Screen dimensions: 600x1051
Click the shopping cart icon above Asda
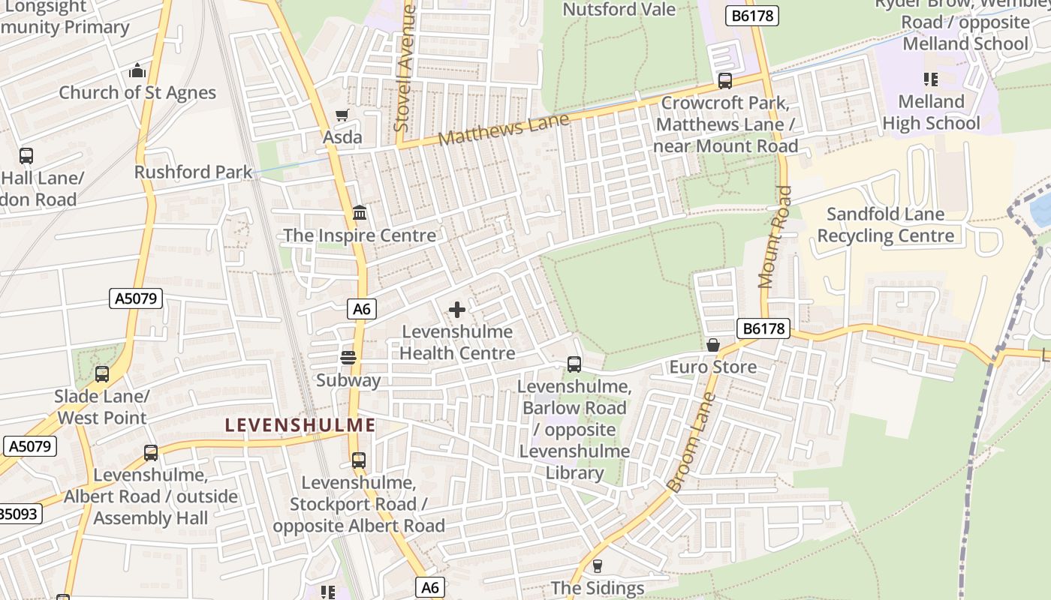click(x=342, y=115)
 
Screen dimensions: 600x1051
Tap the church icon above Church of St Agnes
click(x=137, y=71)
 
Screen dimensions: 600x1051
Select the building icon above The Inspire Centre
click(x=360, y=213)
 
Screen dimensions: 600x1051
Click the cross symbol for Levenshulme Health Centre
click(x=456, y=309)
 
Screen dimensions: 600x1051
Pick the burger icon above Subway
click(x=348, y=358)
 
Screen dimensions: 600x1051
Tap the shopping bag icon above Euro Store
click(x=712, y=344)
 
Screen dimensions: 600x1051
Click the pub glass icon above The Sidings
click(x=598, y=565)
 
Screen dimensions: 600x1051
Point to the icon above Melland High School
click(x=931, y=79)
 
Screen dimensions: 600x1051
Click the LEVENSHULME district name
click(x=300, y=425)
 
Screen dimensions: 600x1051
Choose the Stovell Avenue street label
click(x=405, y=67)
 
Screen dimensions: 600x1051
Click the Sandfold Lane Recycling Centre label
click(x=886, y=225)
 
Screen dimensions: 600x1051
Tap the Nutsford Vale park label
click(x=619, y=10)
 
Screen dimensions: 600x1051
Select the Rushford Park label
click(x=193, y=172)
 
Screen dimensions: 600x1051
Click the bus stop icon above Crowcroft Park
click(x=724, y=81)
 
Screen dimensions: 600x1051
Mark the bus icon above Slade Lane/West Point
click(x=101, y=373)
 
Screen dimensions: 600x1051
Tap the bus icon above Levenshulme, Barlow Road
click(x=574, y=364)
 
